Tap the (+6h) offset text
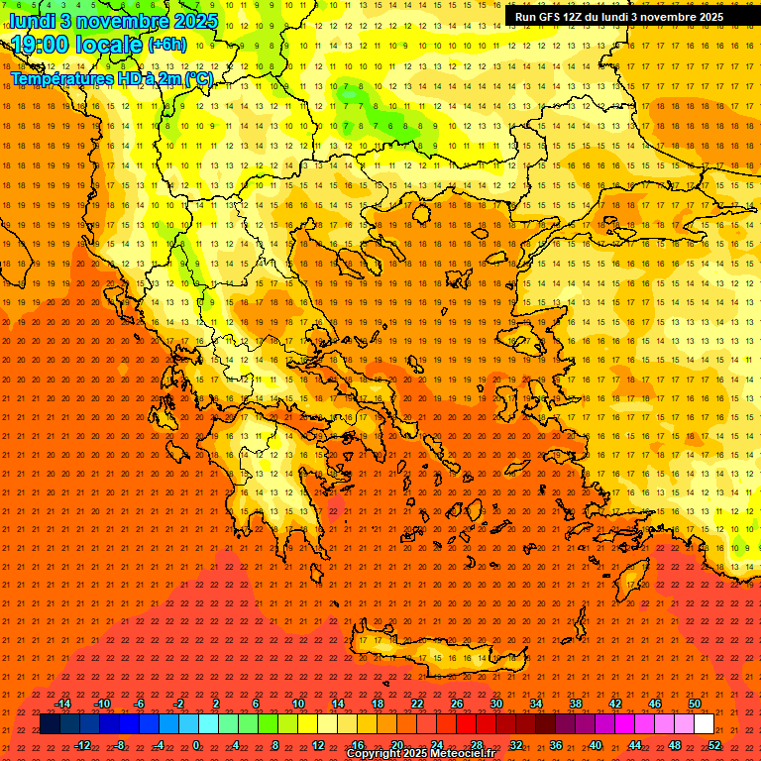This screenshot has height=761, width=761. point(165,45)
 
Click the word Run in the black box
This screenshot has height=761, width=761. point(526,17)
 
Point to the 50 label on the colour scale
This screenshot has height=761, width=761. point(695,704)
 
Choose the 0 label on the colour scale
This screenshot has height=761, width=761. point(196,745)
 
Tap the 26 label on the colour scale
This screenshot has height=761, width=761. point(457,704)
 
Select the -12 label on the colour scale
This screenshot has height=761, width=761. point(82,745)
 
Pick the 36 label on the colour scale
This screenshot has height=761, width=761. point(556,745)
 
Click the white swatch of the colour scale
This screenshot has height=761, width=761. point(704,724)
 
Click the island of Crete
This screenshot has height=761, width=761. point(436,655)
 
